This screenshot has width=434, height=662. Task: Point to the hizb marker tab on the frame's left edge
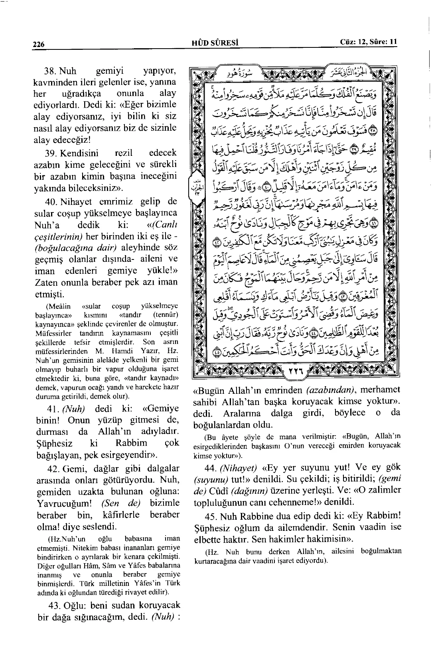pos(195,187)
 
